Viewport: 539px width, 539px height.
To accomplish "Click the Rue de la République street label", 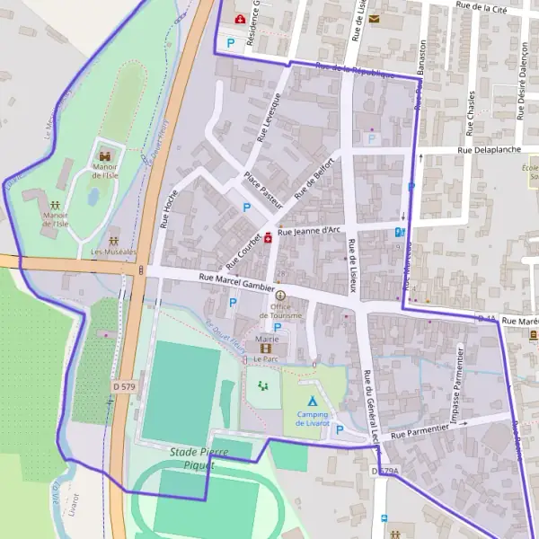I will pyautogui.click(x=355, y=70).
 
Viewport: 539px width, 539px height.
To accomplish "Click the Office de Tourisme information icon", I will pyautogui.click(x=280, y=296).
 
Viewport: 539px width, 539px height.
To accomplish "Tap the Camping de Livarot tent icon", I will pyautogui.click(x=311, y=400).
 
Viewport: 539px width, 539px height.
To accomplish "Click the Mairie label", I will pyautogui.click(x=267, y=338).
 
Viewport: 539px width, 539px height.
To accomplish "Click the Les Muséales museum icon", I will pyautogui.click(x=114, y=240).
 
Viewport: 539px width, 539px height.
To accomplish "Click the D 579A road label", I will pyautogui.click(x=384, y=470).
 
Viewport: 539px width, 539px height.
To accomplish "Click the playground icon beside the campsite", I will pyautogui.click(x=263, y=385).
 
